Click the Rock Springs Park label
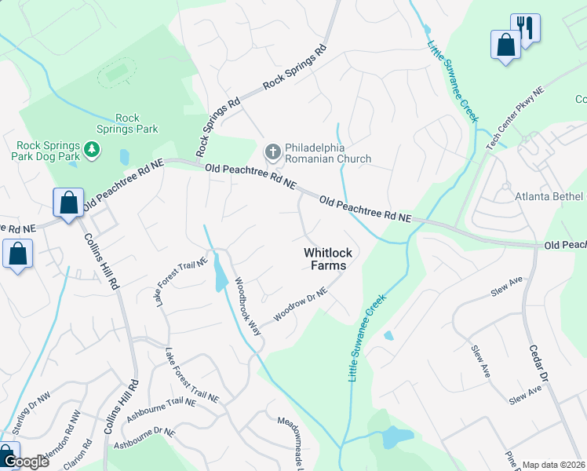click(137, 123)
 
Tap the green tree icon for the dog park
click(92, 149)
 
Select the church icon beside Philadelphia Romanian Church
click(272, 151)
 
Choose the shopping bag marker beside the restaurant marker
click(505, 44)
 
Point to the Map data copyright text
click(553, 465)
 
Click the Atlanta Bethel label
click(549, 195)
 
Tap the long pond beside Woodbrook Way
click(220, 273)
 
